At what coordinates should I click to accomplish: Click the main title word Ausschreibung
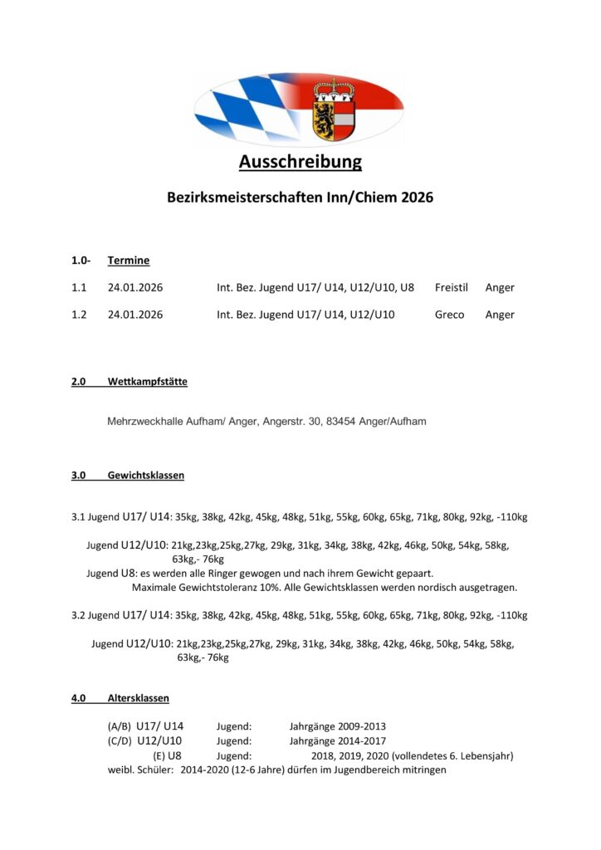300,161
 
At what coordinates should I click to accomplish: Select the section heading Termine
129,261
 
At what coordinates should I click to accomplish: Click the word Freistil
452,288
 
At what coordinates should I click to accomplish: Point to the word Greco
450,315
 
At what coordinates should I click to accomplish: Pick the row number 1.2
79,315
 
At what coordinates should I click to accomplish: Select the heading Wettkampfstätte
147,382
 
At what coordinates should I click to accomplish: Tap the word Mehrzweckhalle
147,422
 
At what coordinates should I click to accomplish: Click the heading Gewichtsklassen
145,476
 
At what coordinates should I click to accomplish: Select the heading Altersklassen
138,699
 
